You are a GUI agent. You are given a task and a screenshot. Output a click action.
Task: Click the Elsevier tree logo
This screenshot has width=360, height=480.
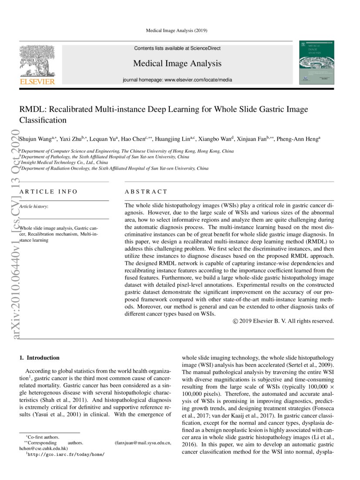tap(37, 63)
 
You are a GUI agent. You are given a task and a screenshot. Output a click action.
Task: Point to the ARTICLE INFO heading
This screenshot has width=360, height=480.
tap(49, 192)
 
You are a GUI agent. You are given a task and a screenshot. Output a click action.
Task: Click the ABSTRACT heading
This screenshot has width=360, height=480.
tap(146, 192)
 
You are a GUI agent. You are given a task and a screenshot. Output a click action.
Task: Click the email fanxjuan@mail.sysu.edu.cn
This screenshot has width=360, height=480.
tap(143, 443)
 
